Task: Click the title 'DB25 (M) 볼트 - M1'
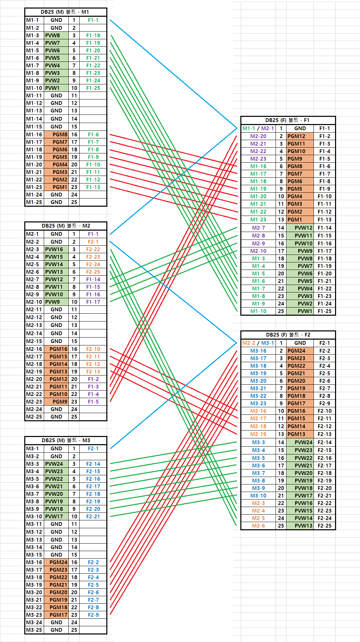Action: tap(65, 12)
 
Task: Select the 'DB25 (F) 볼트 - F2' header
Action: tap(288, 335)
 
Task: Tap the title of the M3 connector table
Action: tap(66, 440)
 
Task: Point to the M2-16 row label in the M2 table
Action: tap(34, 349)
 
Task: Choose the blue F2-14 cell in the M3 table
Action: tap(93, 464)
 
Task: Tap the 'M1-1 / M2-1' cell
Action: tap(258, 128)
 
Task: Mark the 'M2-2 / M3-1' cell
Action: tap(258, 343)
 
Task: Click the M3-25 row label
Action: tap(34, 630)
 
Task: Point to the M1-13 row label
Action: tap(34, 111)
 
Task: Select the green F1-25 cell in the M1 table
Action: tap(93, 88)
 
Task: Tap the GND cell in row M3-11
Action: tap(56, 524)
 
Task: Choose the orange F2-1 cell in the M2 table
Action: tap(93, 242)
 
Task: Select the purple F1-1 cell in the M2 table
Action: tap(93, 234)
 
